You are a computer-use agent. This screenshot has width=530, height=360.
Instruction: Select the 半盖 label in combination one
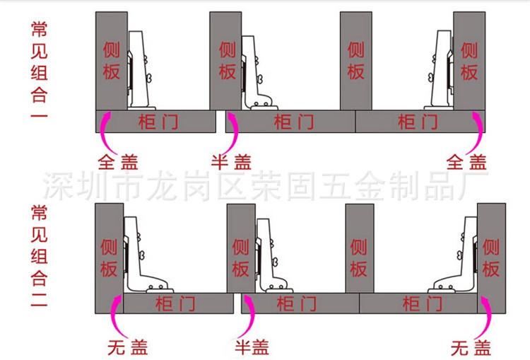point(232,162)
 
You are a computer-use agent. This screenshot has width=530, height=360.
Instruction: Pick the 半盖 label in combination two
point(252,347)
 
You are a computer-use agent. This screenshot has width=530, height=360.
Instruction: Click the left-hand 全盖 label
point(118,162)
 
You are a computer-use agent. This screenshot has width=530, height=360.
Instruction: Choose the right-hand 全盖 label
point(466,162)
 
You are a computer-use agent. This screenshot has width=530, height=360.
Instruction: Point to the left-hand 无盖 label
point(128,347)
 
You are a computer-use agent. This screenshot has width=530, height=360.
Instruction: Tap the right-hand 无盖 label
point(471,348)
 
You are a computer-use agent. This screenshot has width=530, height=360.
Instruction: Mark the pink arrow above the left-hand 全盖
point(104,133)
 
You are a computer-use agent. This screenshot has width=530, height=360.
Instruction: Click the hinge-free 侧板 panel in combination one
point(356,61)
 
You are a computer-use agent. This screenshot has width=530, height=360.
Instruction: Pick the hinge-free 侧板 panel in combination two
point(360,248)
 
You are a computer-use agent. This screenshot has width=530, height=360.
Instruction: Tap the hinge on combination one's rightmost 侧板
point(440,70)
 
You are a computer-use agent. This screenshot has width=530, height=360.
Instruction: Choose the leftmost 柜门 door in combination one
point(156,122)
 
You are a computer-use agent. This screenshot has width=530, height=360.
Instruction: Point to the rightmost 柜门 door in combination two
point(418,303)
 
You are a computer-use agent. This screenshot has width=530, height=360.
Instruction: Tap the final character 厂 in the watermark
point(473,186)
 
